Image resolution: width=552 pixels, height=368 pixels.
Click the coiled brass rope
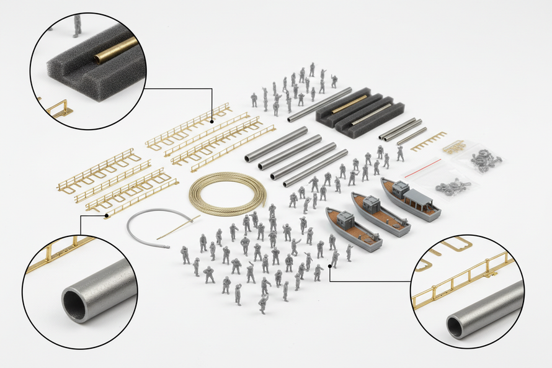point(227,192)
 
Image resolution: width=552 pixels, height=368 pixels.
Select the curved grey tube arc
point(140,220)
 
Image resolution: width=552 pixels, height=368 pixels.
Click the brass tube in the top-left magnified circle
point(115,50)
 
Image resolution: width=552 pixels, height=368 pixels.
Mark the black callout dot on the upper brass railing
point(212,121)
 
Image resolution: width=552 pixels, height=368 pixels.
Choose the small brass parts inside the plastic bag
point(454,147)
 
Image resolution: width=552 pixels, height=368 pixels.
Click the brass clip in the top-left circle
point(59,110)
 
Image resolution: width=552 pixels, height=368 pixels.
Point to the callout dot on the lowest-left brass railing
point(107,215)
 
